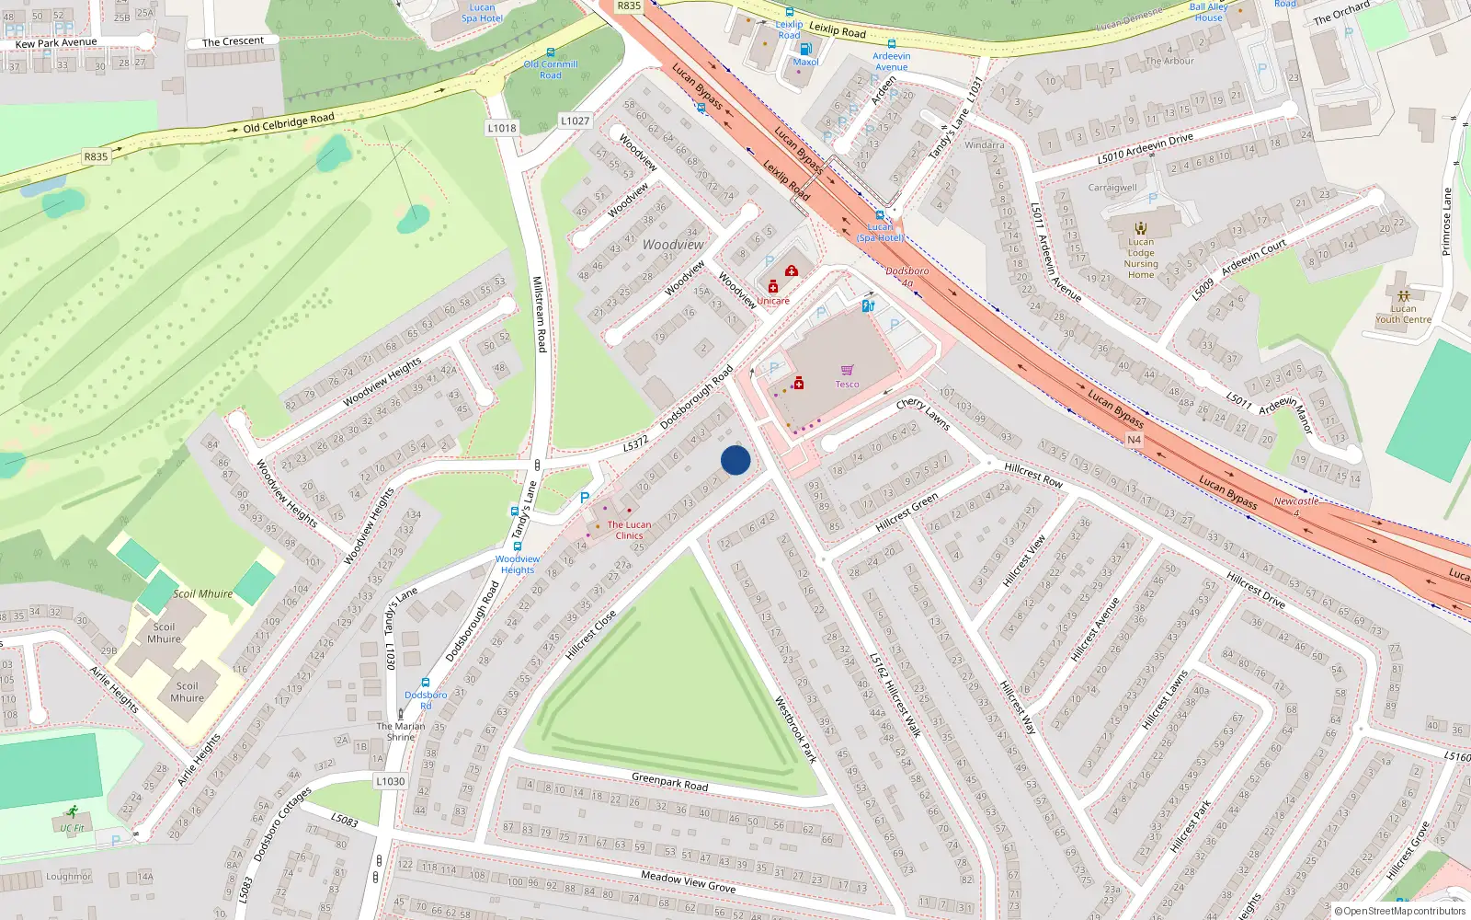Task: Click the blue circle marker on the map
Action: pyautogui.click(x=735, y=460)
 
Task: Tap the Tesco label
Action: pyautogui.click(x=847, y=385)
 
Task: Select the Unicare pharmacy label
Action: pyautogui.click(x=773, y=301)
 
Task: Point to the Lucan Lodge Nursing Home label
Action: pyautogui.click(x=1141, y=259)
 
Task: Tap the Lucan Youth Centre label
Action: pyautogui.click(x=1403, y=314)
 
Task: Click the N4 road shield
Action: pyautogui.click(x=1134, y=440)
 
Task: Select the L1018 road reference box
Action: pyautogui.click(x=502, y=128)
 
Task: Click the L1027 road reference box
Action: pyautogui.click(x=575, y=121)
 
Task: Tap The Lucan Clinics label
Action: pyautogui.click(x=629, y=530)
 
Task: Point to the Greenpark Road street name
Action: pyautogui.click(x=669, y=781)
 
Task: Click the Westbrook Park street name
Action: pyautogui.click(x=795, y=729)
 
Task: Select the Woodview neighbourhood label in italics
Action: pyautogui.click(x=673, y=245)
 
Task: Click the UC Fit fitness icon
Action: pyautogui.click(x=72, y=813)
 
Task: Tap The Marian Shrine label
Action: pyautogui.click(x=401, y=731)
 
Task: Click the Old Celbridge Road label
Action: pyautogui.click(x=289, y=122)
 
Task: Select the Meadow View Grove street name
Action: pyautogui.click(x=688, y=881)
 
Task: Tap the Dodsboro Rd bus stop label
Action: pyautogui.click(x=426, y=700)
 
